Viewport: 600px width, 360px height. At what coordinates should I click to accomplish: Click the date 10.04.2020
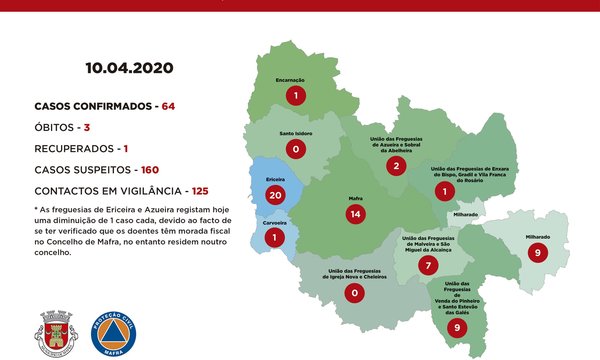pos(130,69)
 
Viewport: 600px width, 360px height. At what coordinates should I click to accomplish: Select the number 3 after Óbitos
pos(87,128)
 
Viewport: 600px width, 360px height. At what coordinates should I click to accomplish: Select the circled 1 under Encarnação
pos(295,96)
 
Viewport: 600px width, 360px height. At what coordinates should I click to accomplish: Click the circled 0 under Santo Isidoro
pos(295,149)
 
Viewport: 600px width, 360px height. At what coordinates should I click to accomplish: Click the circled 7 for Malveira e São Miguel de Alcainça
pos(428,265)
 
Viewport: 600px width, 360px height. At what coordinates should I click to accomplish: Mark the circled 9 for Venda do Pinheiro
pos(457,326)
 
